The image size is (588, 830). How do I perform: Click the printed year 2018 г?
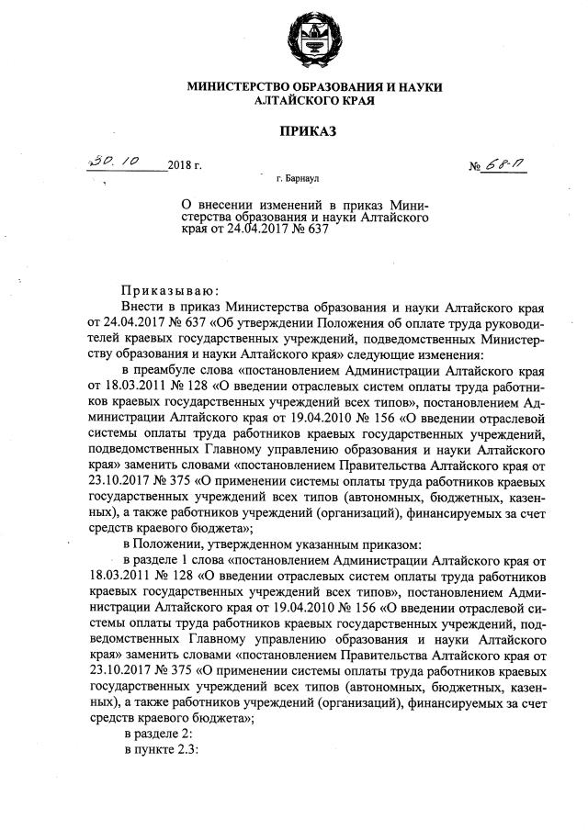(x=184, y=166)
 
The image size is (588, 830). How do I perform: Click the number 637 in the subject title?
(x=315, y=229)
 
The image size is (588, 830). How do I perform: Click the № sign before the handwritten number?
(x=476, y=166)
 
